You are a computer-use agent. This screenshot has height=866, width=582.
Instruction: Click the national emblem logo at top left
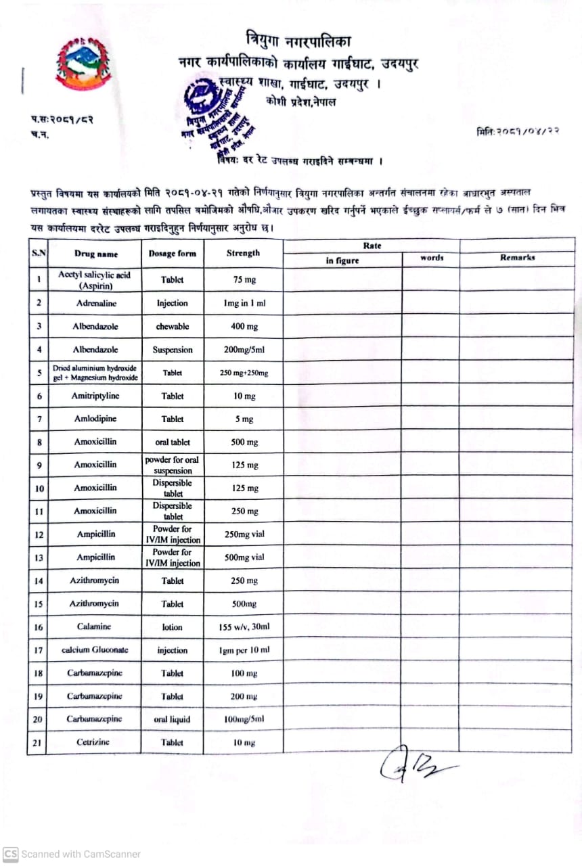[x=84, y=63]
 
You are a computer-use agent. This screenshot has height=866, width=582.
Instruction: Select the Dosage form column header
[x=173, y=254]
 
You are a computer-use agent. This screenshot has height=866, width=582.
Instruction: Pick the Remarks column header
[x=517, y=258]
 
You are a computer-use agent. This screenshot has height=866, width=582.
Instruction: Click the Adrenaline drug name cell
[x=94, y=303]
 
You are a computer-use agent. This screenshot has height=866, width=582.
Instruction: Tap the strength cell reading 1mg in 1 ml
[x=244, y=303]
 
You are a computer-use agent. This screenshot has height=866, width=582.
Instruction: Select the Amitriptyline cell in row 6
[x=94, y=396]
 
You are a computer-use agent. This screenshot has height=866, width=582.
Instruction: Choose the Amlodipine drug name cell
[x=95, y=419]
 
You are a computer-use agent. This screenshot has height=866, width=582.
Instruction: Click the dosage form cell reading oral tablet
[x=173, y=442]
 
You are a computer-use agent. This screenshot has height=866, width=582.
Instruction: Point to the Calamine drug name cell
[x=94, y=627]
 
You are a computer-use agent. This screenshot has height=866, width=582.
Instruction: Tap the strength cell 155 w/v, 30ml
[x=244, y=627]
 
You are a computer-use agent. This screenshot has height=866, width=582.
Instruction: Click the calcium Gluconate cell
[x=94, y=650]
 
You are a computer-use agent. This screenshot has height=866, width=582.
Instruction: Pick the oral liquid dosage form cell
[x=173, y=719]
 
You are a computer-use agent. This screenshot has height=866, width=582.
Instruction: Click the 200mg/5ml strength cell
[x=244, y=350]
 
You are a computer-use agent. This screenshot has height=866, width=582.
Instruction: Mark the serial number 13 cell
[x=39, y=557]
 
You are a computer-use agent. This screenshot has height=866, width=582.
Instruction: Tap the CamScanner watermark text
[x=73, y=854]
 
